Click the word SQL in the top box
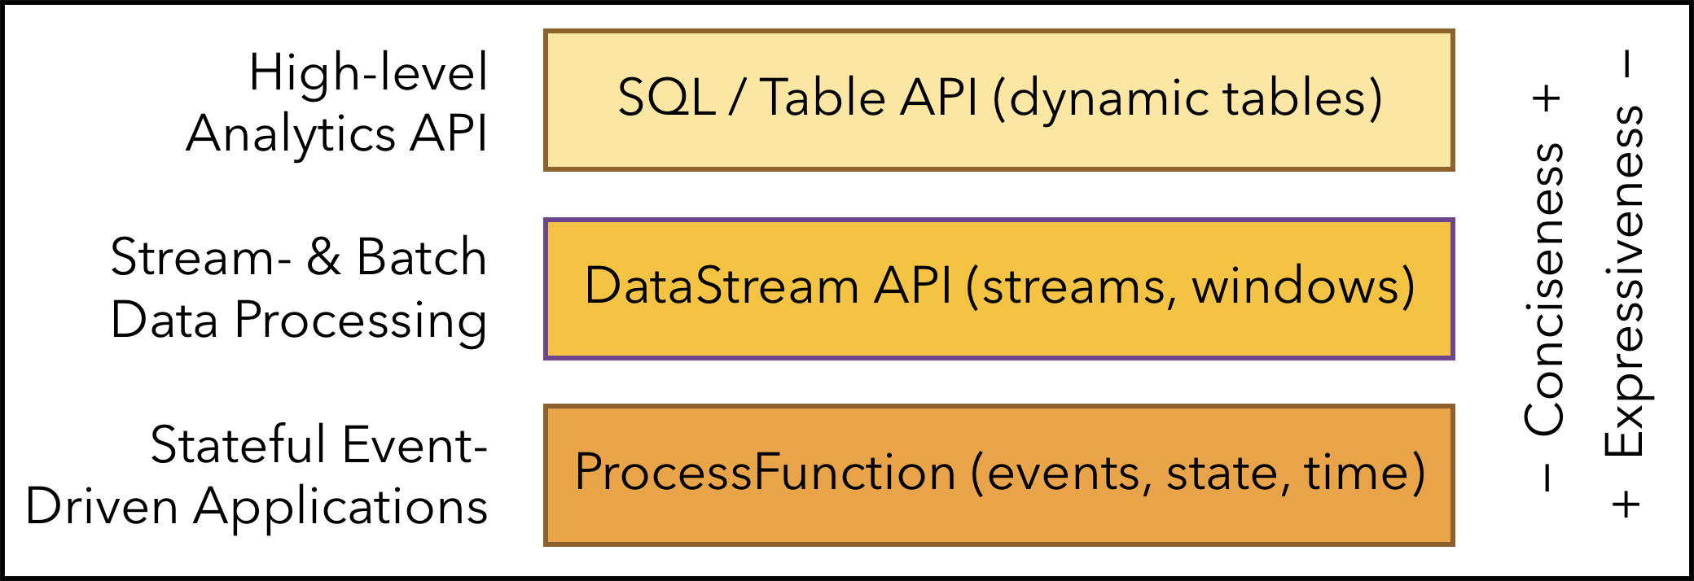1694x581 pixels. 666,98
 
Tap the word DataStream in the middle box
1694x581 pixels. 722,286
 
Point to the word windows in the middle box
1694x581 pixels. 1295,286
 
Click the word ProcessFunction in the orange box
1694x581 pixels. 765,472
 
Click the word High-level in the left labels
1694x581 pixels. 368,72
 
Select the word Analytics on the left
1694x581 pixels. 291,134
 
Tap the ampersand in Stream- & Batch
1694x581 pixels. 323,257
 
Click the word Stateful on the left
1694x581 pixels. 239,444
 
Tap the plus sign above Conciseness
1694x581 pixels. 1546,99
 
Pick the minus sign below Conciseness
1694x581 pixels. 1547,478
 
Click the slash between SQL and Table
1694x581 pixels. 738,98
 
